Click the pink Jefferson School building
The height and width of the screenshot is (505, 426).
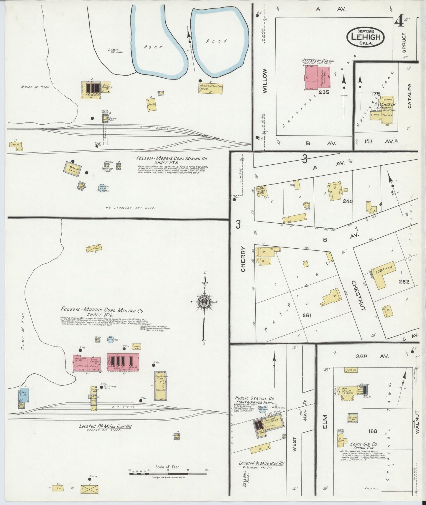click(317, 77)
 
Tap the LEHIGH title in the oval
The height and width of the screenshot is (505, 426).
click(366, 37)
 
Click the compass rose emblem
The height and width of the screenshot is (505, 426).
click(203, 302)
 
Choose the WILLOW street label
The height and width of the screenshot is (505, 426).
click(264, 81)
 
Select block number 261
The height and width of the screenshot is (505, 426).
click(307, 315)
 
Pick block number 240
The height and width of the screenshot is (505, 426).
click(348, 202)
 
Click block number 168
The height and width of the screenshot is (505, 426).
click(373, 431)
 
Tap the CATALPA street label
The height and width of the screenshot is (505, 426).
click(409, 96)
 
